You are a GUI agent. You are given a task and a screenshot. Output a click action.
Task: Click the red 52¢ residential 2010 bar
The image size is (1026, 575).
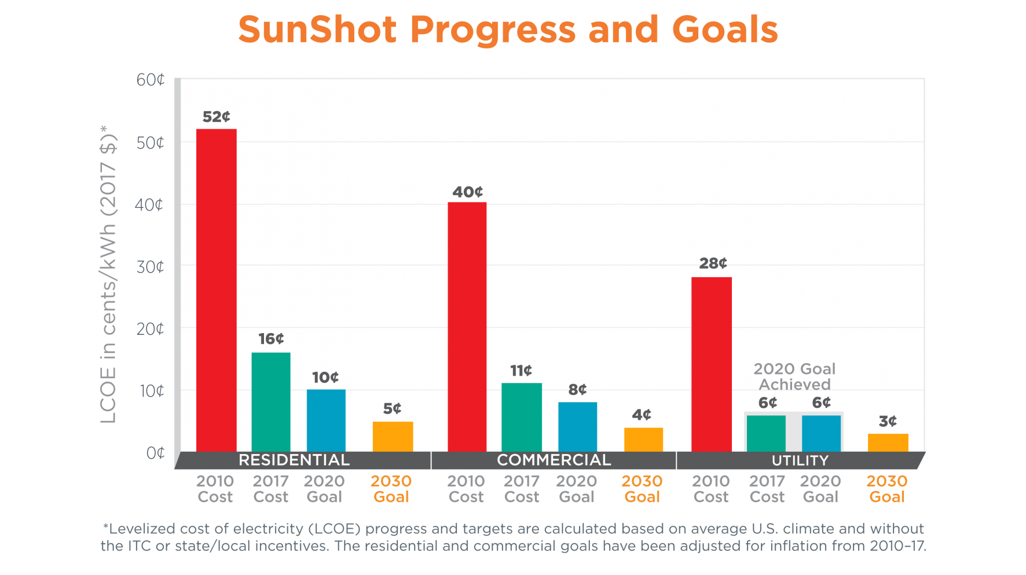point(216,290)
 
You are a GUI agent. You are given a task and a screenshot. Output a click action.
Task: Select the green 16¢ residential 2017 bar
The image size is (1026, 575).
point(271,402)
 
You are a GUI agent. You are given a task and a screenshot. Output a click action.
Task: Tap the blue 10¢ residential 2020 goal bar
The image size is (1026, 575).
point(326,421)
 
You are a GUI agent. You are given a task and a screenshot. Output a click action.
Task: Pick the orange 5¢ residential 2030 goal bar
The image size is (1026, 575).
point(393,437)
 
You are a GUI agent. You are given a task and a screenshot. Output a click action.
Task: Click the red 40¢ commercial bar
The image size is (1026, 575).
point(467,327)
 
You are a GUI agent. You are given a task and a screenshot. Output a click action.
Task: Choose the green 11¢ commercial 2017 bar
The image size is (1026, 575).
point(522,417)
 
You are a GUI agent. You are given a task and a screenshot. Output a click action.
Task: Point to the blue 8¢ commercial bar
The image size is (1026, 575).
point(577,427)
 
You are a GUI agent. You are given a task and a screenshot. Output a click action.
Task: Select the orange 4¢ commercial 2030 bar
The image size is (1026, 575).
point(643,440)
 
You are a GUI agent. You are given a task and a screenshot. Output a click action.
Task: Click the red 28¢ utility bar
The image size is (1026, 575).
point(712,364)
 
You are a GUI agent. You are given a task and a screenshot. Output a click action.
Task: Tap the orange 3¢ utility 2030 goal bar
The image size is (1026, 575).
point(888,443)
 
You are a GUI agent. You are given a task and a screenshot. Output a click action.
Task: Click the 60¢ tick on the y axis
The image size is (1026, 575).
point(151,80)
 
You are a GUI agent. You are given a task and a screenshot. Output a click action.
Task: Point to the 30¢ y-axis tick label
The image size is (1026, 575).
point(151,267)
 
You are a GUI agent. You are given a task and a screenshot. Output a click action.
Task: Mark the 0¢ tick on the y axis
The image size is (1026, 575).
point(155,453)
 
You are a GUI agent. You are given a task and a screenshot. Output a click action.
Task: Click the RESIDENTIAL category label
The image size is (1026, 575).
point(294,460)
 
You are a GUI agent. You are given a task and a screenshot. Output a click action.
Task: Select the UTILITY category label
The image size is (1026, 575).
point(800,460)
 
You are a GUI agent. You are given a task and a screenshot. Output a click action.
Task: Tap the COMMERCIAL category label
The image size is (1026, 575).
point(554,460)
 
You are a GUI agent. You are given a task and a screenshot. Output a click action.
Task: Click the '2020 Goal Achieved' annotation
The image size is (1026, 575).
point(794,377)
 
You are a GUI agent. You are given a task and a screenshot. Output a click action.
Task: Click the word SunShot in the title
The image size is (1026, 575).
point(317,30)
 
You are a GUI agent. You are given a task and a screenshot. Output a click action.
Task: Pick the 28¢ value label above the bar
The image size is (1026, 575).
point(713,264)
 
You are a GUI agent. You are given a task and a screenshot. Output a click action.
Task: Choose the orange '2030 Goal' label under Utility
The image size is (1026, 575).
point(887,489)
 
